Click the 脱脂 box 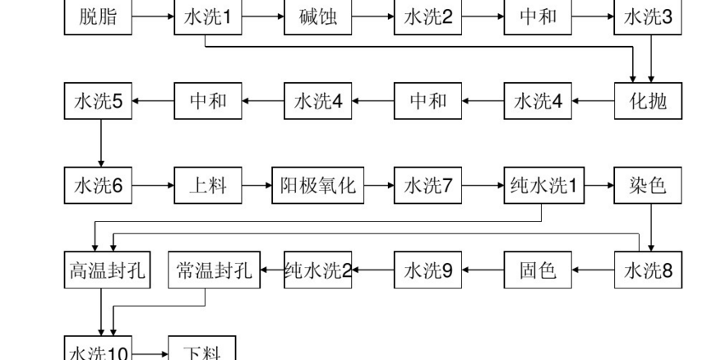(98, 17)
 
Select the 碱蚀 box (318, 17)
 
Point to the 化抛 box (649, 101)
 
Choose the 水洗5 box (98, 101)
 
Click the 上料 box (208, 186)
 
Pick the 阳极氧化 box (318, 186)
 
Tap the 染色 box (649, 186)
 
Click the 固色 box (538, 270)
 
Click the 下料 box (201, 352)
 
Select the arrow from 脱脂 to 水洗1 (153, 17)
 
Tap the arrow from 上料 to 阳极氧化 (257, 186)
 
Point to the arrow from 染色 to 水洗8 (651, 226)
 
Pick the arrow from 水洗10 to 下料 (150, 353)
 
